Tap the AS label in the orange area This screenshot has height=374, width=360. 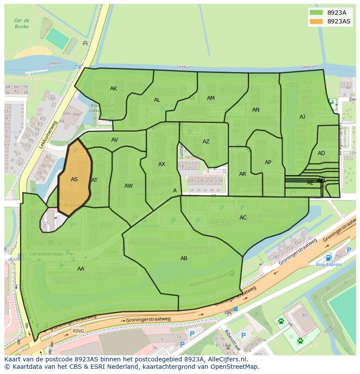click(74, 179)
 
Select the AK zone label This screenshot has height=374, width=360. click(113, 89)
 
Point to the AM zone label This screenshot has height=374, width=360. click(211, 98)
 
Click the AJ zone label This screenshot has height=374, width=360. click(302, 117)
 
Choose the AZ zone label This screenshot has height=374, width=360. click(206, 142)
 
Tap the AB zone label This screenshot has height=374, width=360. click(184, 258)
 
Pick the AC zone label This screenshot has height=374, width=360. click(243, 218)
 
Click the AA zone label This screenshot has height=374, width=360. click(81, 269)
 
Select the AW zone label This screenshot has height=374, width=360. click(129, 186)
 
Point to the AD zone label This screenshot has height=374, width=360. click(321, 153)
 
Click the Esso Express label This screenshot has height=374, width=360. click(328, 264)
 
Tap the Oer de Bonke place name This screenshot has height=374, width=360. click(21, 23)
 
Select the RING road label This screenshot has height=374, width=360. click(78, 331)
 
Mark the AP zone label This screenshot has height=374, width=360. click(268, 162)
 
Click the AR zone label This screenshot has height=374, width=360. click(243, 174)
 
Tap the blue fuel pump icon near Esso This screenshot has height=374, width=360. click(328, 258)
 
